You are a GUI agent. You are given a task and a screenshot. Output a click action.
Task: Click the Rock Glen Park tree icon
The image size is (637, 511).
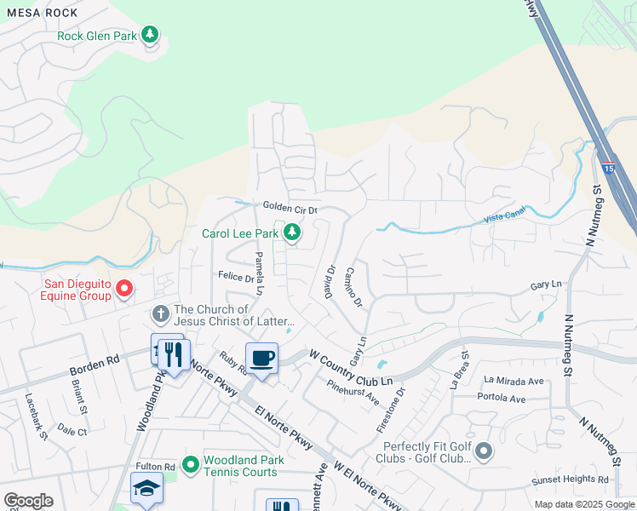point(151,35)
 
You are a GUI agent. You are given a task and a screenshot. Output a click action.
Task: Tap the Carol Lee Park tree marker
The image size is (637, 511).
point(292,233)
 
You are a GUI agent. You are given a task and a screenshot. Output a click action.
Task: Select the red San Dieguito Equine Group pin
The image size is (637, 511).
point(124,290)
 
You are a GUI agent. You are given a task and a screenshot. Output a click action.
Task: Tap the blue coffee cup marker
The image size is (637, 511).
point(261,358)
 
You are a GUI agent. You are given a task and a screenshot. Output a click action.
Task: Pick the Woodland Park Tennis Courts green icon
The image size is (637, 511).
point(191,464)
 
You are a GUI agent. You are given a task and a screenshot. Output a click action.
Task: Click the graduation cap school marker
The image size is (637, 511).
point(146,488)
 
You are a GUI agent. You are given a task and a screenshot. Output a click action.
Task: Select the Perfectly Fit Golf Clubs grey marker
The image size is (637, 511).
point(485,451)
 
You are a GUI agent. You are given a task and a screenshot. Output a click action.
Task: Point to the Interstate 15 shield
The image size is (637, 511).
point(608,168)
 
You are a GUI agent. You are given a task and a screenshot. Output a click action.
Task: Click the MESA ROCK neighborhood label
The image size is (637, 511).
point(37,13)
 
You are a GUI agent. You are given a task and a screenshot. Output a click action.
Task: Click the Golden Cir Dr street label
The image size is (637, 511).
point(290,208)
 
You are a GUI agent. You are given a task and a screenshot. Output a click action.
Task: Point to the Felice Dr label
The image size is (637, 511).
point(236,277)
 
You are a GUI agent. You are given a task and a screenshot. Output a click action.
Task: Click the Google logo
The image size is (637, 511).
point(28,501)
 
